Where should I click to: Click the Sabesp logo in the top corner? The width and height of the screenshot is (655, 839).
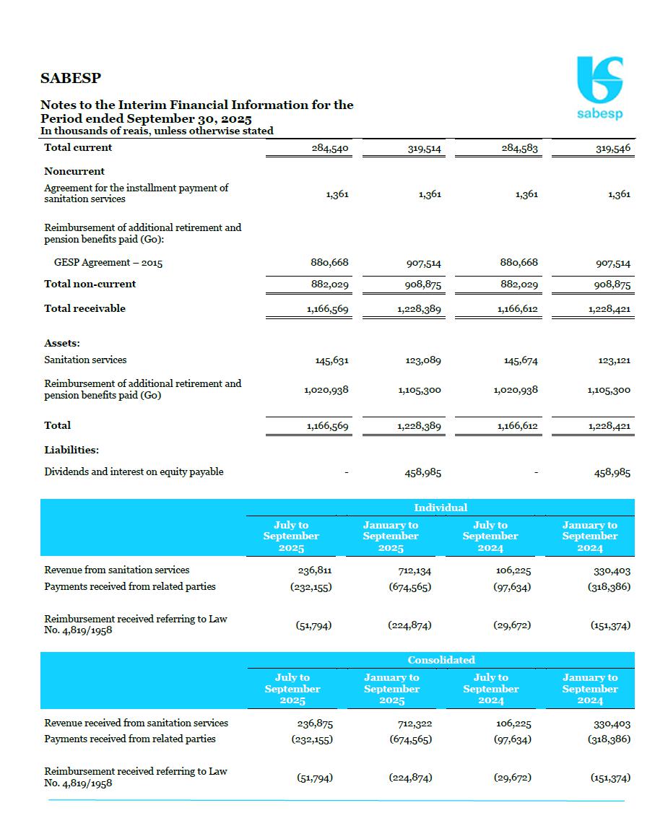click(x=599, y=87)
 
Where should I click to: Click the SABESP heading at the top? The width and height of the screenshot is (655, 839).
click(x=71, y=78)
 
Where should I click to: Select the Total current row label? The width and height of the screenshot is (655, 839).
click(x=78, y=147)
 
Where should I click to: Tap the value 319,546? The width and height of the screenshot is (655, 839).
click(x=613, y=149)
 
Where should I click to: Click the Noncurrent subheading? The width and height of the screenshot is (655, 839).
click(x=74, y=171)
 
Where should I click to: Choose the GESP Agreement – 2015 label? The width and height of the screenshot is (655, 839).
click(x=108, y=263)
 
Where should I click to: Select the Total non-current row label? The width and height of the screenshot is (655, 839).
click(x=90, y=284)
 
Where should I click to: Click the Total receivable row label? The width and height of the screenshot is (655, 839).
click(x=84, y=308)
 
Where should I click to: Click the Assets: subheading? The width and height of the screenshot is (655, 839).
click(x=62, y=343)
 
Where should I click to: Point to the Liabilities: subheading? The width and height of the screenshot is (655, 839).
click(x=71, y=450)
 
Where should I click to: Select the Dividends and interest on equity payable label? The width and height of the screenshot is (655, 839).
click(x=134, y=471)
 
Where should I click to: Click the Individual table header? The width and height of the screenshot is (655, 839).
click(x=441, y=508)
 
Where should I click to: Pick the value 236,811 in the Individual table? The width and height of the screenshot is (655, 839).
click(x=315, y=570)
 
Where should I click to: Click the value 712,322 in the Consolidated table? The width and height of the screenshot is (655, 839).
click(x=415, y=723)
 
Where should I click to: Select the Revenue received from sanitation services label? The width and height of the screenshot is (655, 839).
click(x=136, y=723)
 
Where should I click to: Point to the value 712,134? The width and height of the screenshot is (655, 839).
click(x=415, y=570)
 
